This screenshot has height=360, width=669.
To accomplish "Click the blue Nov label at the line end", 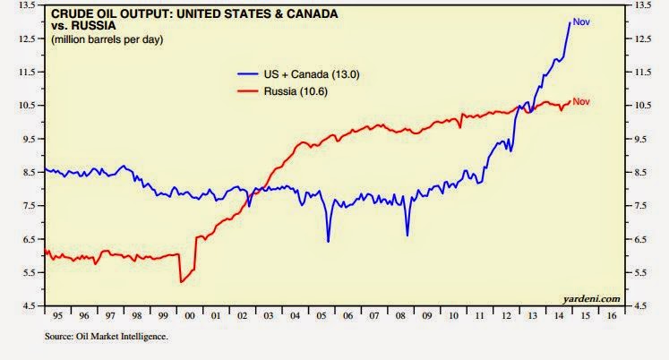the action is tap(581, 21).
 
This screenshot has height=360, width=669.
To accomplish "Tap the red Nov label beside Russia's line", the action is tap(581, 101).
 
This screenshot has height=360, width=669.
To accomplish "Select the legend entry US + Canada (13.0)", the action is tap(298, 74).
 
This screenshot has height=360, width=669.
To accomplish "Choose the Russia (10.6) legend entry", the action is tap(282, 91).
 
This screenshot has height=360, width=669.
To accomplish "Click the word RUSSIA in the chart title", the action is tap(93, 26).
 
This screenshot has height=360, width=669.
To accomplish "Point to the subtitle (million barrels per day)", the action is tap(107, 39).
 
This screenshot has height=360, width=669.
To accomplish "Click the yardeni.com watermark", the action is tap(591, 299).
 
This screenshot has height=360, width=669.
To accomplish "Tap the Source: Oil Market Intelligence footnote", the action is tap(107, 337).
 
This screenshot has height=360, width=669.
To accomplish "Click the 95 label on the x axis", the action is tap(57, 316).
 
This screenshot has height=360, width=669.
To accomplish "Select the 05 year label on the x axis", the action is tap(321, 316).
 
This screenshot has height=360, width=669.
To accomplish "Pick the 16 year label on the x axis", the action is tap(612, 316).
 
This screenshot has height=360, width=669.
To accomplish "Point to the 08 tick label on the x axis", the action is tap(400, 316).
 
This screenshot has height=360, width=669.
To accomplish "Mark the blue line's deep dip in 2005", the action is tap(328, 242).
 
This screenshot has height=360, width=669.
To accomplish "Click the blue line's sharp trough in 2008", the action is tap(407, 235).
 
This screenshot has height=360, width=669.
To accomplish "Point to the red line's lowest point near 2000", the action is tap(181, 282).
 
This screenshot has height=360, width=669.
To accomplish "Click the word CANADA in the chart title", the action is tap(312, 14).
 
